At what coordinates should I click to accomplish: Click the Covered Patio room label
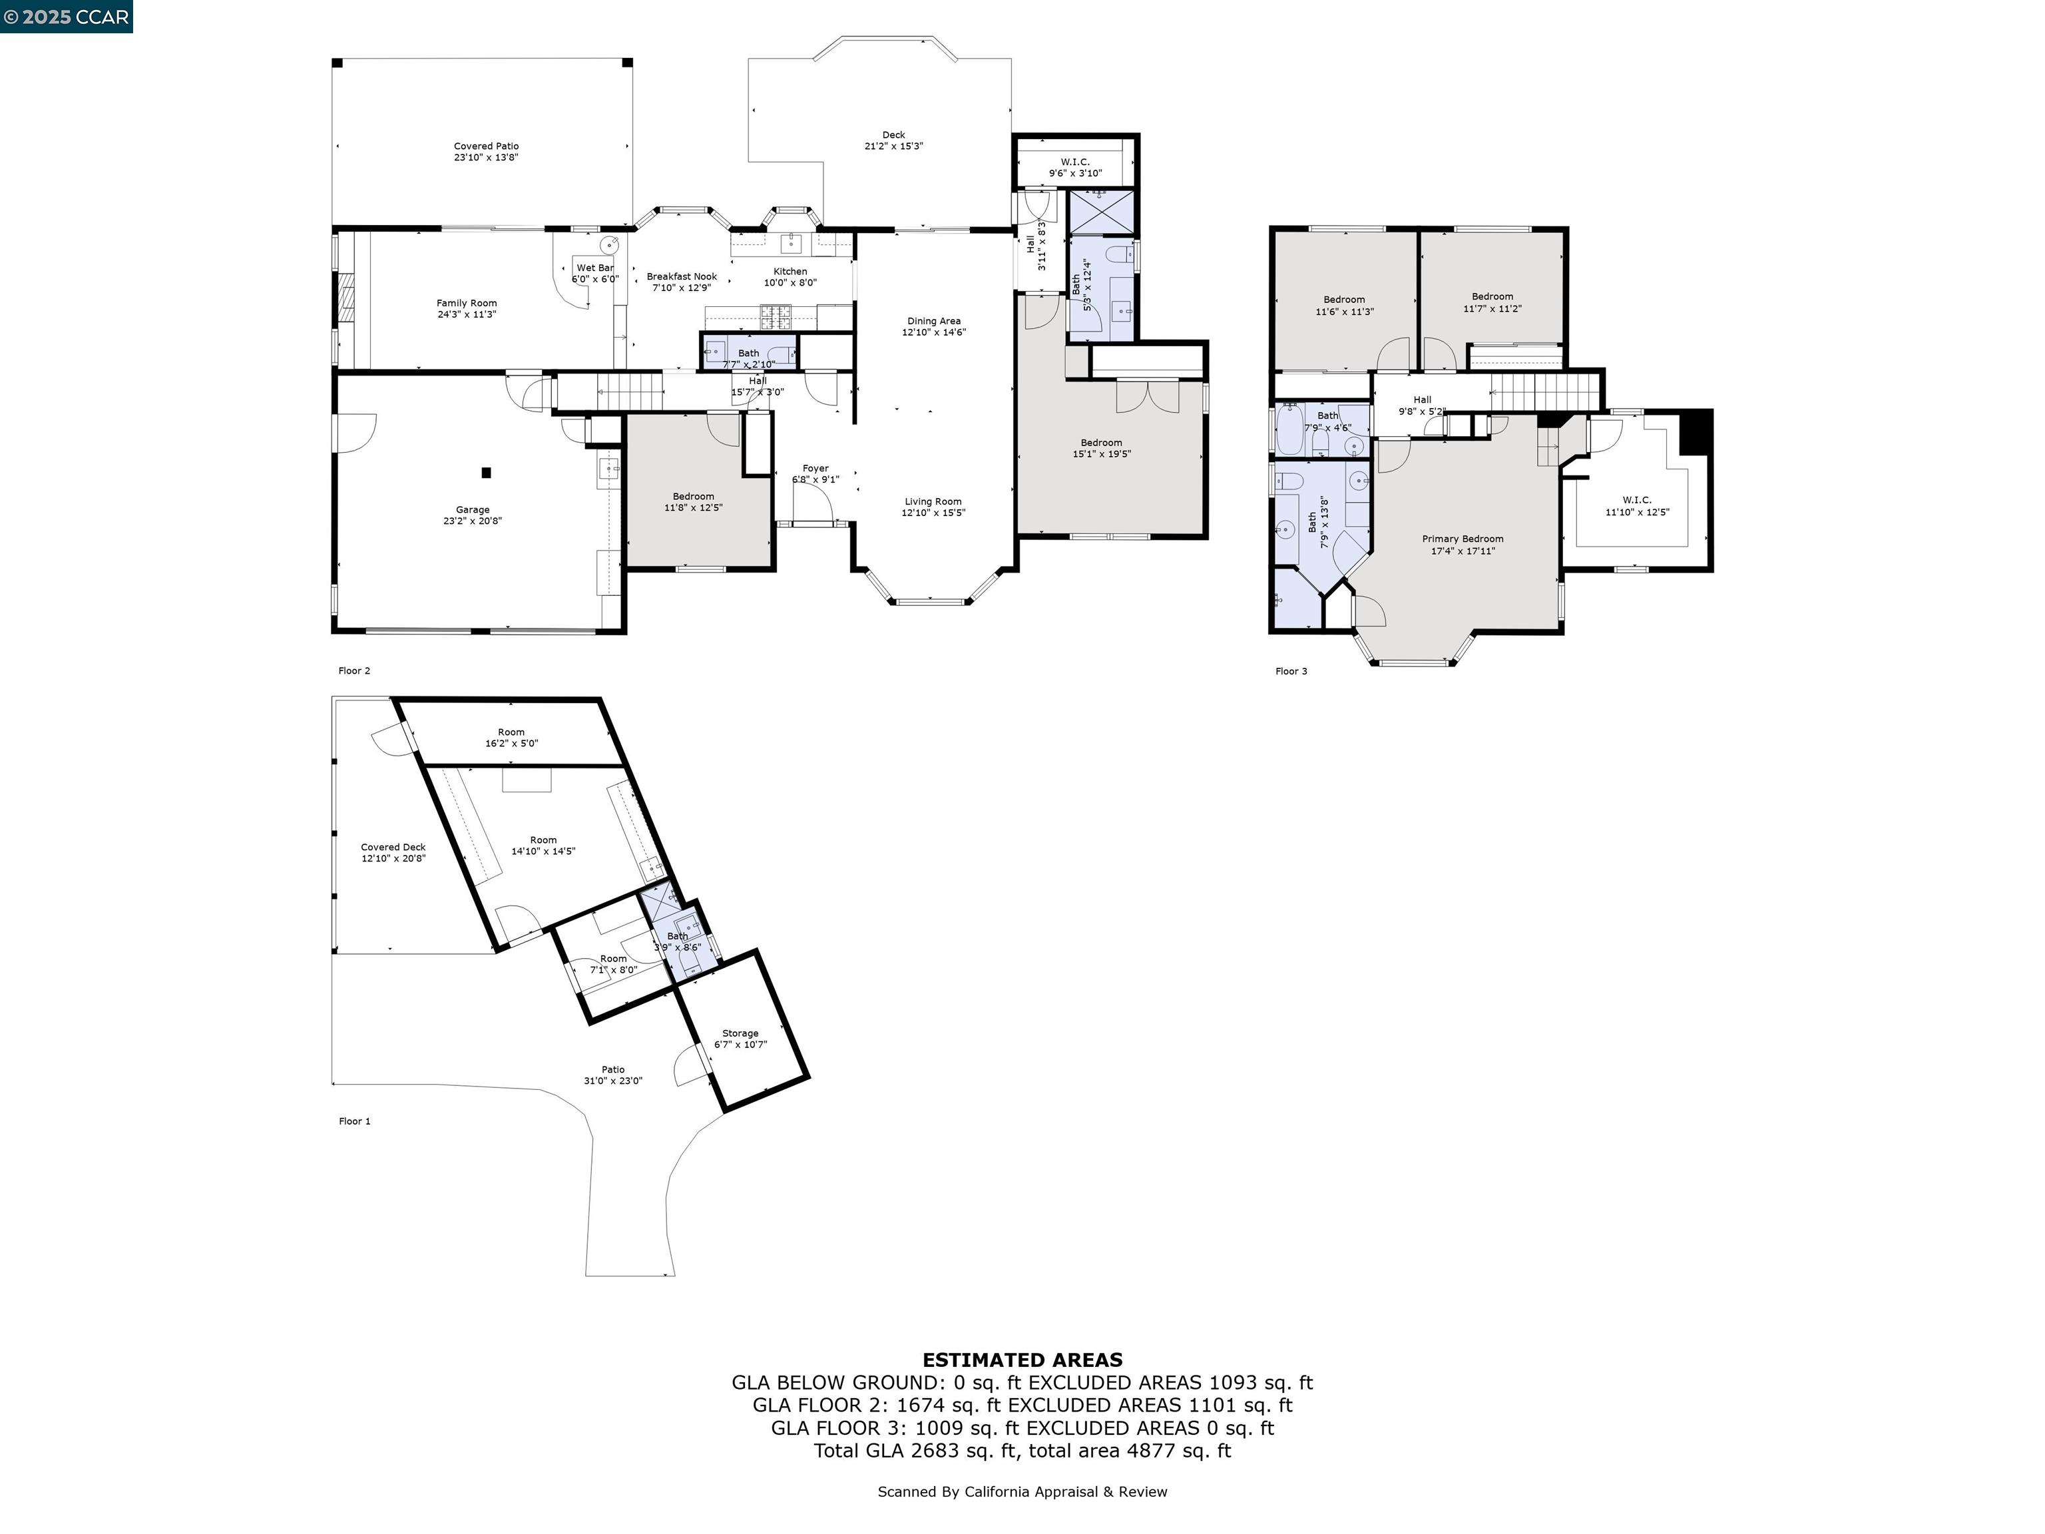click(x=487, y=152)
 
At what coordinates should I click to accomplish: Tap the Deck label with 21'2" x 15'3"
click(x=893, y=140)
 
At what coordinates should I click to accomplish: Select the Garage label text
click(x=473, y=509)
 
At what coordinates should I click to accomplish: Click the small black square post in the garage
click(x=487, y=473)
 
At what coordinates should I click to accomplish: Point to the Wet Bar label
click(x=595, y=274)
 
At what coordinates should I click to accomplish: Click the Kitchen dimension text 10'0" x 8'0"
click(x=790, y=283)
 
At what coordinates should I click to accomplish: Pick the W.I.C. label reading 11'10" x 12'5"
click(x=1638, y=506)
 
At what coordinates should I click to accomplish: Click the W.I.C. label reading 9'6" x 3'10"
click(x=1075, y=167)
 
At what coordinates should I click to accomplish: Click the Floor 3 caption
click(x=1291, y=671)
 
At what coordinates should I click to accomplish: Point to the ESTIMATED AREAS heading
click(x=1022, y=1360)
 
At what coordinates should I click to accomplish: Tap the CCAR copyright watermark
click(x=66, y=17)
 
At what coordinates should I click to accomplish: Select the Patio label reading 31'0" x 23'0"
click(x=613, y=1075)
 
